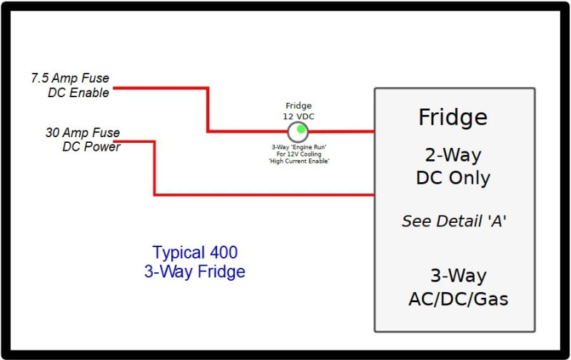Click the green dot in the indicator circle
click(x=300, y=129)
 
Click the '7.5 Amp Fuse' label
click(x=70, y=78)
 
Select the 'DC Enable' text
click(x=79, y=93)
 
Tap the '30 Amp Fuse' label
click(x=83, y=132)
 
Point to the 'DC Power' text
click(x=91, y=146)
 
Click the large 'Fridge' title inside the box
click(x=453, y=117)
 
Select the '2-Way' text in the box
click(x=453, y=156)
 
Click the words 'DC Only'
click(x=453, y=178)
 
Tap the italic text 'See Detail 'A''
click(x=454, y=221)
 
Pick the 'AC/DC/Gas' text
click(x=458, y=299)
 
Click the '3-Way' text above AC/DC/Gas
click(x=458, y=276)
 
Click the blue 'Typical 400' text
click(x=195, y=253)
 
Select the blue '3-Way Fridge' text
click(x=195, y=272)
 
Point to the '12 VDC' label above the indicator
click(x=298, y=116)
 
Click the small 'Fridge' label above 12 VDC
click(x=298, y=106)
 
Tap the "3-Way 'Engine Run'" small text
click(x=299, y=147)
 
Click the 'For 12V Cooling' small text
click(x=299, y=154)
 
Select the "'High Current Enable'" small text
click(x=299, y=161)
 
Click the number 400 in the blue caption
click(x=223, y=253)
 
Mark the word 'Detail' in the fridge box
click(x=460, y=221)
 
